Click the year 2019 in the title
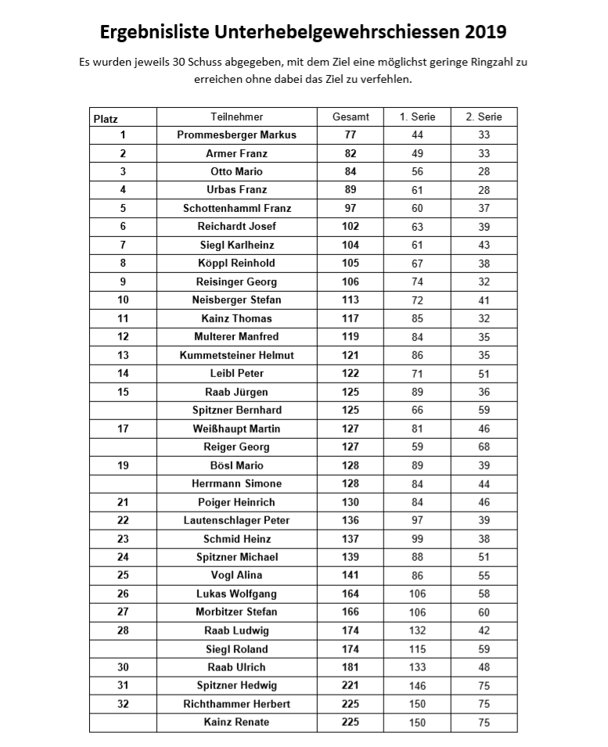tap(485, 32)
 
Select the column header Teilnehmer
tap(236, 117)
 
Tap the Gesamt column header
tap(351, 117)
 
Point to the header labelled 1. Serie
tap(417, 117)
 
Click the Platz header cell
tap(106, 119)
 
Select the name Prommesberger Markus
tap(236, 135)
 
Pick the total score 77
tap(351, 135)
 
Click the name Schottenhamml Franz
tap(236, 208)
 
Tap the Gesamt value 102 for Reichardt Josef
tap(351, 226)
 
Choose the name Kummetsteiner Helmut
tap(236, 355)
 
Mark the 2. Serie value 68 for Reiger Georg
tap(484, 447)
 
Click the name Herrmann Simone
tap(236, 483)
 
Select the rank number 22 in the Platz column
tap(123, 520)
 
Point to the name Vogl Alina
tap(236, 575)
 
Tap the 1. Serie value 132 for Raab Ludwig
tap(417, 630)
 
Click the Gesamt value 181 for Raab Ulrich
tap(351, 667)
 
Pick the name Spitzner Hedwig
tap(236, 685)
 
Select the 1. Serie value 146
tap(417, 685)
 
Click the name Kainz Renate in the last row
tap(236, 722)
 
